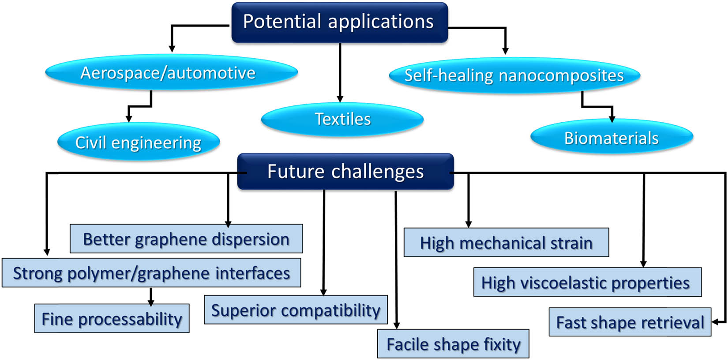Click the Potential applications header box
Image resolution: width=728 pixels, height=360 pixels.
point(339,22)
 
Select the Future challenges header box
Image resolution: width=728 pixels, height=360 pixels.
point(345,172)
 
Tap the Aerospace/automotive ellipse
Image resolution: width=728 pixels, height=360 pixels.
point(171,73)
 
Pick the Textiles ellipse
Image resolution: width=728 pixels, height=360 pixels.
point(342,119)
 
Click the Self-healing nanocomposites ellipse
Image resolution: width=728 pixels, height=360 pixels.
point(514,75)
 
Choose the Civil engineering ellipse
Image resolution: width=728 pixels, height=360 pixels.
point(139,142)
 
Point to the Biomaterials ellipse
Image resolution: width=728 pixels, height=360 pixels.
point(612,138)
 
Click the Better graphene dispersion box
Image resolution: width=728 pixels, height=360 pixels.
point(186,239)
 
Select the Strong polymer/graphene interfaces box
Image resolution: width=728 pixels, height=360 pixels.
point(151,273)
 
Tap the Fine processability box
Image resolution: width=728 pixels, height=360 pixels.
point(112,319)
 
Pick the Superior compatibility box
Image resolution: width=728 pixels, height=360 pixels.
point(296,310)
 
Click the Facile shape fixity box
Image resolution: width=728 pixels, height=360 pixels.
point(453,344)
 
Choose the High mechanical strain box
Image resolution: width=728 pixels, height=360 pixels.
point(506,243)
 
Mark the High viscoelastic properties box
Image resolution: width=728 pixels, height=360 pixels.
point(587,282)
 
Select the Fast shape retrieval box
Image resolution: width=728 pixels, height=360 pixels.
point(630,322)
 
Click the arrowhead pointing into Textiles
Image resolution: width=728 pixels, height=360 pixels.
point(340,99)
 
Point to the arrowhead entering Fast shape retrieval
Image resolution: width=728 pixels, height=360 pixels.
point(716,322)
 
